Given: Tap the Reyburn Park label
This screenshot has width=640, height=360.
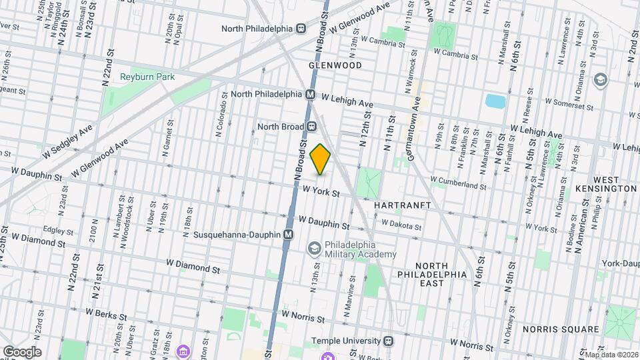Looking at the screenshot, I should (147, 77).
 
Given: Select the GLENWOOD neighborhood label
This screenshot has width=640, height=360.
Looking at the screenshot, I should (335, 65).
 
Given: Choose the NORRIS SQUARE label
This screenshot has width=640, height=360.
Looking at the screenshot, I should (561, 329).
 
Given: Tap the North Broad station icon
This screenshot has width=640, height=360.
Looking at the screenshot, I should (311, 126).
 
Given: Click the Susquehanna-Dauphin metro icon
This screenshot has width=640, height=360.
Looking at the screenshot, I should (288, 235).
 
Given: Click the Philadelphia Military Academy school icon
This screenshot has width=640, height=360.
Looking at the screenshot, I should (313, 249).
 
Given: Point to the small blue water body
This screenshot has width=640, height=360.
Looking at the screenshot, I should (495, 101).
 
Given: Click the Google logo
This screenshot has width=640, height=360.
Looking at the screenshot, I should (21, 351).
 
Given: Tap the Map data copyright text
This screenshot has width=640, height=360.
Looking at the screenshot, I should (611, 355).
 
